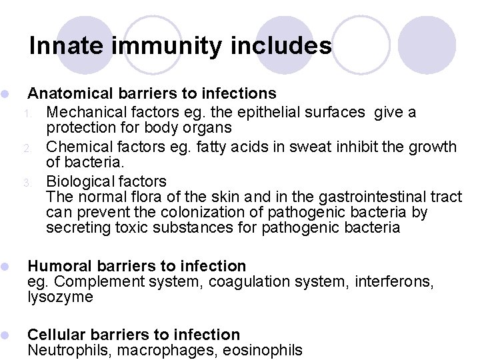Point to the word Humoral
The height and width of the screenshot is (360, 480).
(x=55, y=267)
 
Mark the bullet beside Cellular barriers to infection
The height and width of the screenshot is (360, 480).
(x=5, y=335)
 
